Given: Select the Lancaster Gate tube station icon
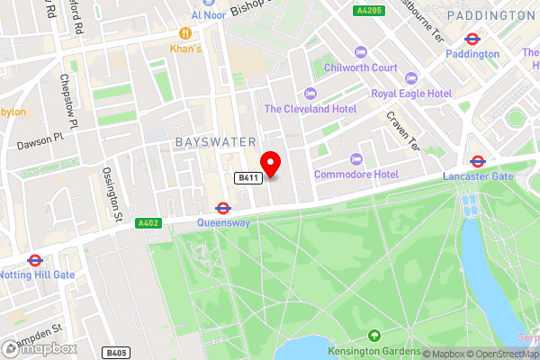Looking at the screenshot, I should coord(477,162).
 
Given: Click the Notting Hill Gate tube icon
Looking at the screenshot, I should coord(35,260).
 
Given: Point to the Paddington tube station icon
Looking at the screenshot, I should coord(472,39).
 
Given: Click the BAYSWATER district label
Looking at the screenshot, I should coord(216,142).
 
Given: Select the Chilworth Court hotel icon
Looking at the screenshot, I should coord(361,51).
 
